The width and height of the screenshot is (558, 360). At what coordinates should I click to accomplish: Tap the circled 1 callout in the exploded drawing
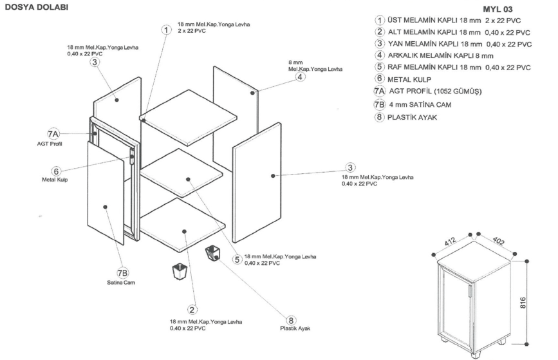167,30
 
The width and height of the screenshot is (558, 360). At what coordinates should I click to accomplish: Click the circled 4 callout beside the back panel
300,77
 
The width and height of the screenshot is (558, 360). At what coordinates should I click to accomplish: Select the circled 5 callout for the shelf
237,259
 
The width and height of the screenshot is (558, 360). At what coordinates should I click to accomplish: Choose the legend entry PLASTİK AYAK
409,117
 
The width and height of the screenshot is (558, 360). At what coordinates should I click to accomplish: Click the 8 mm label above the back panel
296,62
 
